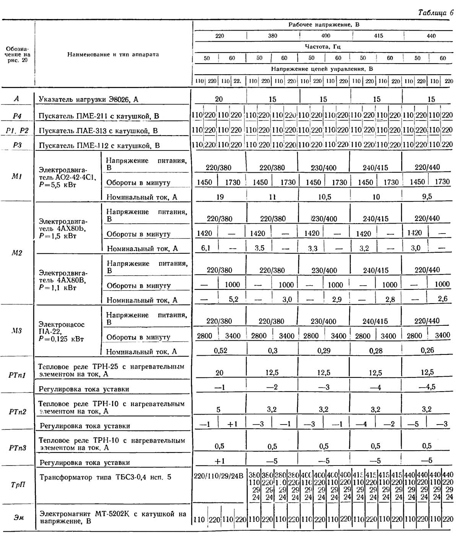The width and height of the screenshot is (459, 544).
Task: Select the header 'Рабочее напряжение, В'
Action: [x=324, y=25]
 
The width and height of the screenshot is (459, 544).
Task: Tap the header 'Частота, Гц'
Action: [x=323, y=47]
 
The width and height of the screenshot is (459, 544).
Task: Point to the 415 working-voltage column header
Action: [x=378, y=36]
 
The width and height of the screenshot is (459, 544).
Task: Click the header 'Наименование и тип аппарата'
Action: [x=113, y=55]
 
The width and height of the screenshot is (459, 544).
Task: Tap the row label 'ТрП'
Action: [x=18, y=485]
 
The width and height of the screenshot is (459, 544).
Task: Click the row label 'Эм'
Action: [x=18, y=518]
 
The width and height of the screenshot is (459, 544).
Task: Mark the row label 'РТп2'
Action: [x=18, y=412]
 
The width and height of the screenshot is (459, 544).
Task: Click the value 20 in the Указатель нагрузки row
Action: [x=219, y=99]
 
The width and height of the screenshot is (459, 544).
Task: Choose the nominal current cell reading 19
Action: [x=220, y=197]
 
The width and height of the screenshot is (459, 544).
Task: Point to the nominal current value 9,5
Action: [x=427, y=197]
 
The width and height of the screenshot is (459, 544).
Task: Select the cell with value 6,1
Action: [x=206, y=248]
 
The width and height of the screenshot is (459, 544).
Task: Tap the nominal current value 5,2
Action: [x=233, y=299]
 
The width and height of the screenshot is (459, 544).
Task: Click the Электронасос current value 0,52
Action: [x=220, y=351]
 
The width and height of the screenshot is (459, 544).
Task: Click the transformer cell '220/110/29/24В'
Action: [x=218, y=477]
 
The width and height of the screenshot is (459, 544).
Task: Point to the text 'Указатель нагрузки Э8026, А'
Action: [x=88, y=100]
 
